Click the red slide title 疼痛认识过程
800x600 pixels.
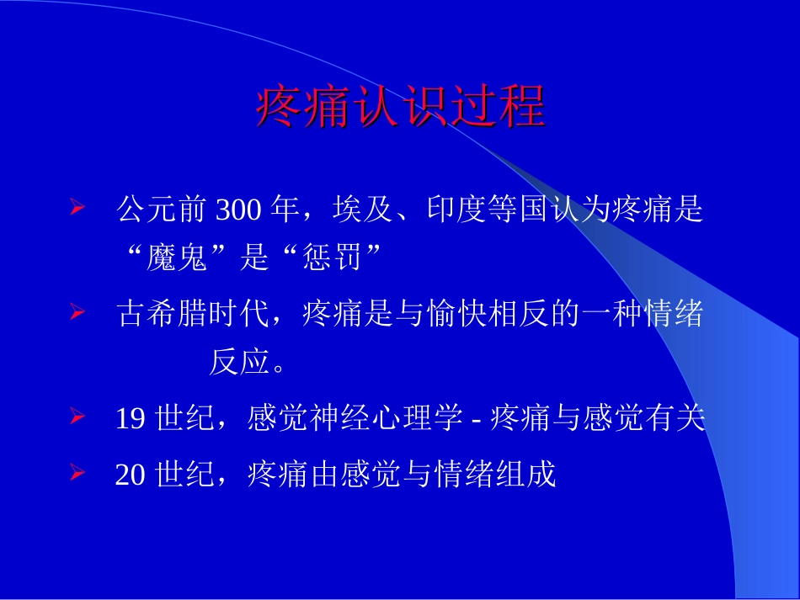400,107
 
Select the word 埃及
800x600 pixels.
355,210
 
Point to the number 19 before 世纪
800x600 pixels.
130,418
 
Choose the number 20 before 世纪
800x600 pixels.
131,475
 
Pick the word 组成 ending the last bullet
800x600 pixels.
535,475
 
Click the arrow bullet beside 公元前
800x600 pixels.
77,207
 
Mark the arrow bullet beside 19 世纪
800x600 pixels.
77,416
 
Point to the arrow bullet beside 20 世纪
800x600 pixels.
77,472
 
